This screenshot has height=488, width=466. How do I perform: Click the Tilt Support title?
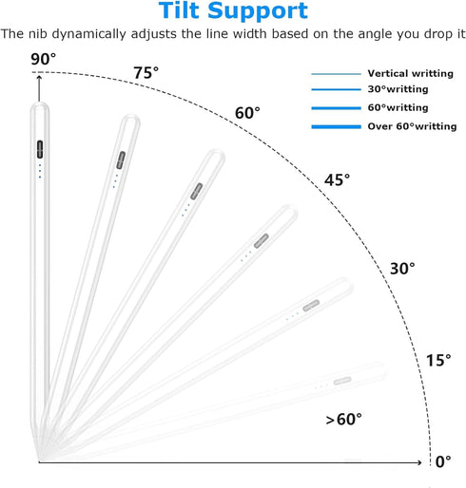[x=233, y=11]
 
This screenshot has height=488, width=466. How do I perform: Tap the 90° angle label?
[x=43, y=59]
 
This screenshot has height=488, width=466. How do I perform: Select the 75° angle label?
[x=146, y=73]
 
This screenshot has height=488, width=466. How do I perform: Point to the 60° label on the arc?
[x=247, y=113]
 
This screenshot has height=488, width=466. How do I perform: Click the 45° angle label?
[x=337, y=180]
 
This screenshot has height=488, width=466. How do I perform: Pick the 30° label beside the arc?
[x=402, y=269]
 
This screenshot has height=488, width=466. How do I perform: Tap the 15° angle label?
[x=438, y=361]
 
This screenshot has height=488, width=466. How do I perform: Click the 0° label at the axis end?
[x=443, y=462]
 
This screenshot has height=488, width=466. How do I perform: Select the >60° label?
[x=344, y=420]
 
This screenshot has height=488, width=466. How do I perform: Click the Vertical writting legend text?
[x=411, y=73]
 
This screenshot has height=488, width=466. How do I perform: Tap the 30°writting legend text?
[x=398, y=89]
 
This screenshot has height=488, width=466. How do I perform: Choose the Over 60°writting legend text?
[x=412, y=126]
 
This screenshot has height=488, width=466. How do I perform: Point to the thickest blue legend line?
[x=336, y=127]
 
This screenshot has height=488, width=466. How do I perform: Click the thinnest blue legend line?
[x=336, y=74]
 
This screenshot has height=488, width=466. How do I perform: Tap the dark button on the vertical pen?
[x=40, y=149]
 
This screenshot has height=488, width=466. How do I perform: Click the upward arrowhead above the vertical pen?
[x=39, y=78]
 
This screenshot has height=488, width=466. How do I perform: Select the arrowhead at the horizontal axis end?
[x=418, y=462]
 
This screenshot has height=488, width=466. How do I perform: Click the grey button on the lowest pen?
[x=342, y=381]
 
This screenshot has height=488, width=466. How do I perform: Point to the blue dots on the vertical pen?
[x=40, y=171]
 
